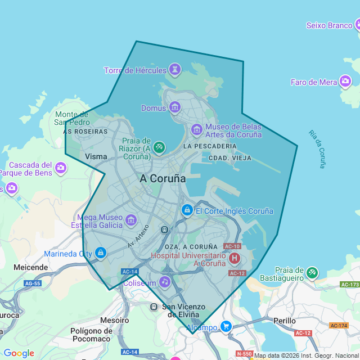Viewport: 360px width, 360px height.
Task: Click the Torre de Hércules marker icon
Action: (175, 70)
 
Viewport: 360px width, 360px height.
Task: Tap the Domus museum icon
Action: (174, 107)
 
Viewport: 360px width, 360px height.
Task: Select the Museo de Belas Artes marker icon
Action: (196, 130)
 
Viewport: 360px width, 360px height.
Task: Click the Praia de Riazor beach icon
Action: (159, 147)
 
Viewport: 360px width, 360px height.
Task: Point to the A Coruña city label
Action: (163, 178)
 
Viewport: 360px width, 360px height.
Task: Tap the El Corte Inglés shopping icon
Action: (187, 210)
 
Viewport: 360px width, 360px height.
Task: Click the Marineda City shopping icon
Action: (101, 253)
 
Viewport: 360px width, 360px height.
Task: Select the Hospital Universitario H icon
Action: (234, 259)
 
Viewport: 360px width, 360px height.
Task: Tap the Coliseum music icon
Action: (164, 282)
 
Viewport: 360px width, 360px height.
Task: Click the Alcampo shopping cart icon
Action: (226, 326)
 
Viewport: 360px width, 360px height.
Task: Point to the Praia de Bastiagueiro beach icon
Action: (312, 273)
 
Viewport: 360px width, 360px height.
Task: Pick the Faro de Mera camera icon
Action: (345, 82)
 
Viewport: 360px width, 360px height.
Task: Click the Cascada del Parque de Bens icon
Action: (60, 168)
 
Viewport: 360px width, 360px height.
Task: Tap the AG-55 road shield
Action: (33, 283)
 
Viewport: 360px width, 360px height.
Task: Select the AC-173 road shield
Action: (349, 285)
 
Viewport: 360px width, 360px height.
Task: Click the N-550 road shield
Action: (244, 354)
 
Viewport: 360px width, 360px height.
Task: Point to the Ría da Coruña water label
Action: (318, 149)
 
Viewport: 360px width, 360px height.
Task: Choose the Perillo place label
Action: (285, 321)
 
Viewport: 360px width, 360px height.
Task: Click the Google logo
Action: (19, 353)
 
